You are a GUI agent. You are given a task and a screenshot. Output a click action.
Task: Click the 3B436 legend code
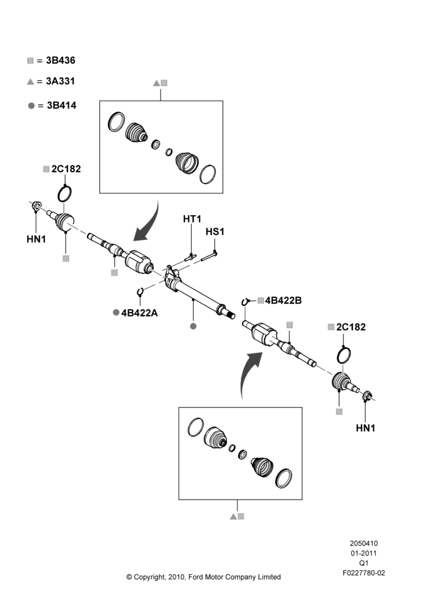click(x=61, y=60)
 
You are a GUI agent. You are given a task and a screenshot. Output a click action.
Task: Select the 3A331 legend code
click(x=61, y=81)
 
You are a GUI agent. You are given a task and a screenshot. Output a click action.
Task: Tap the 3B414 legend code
click(x=61, y=105)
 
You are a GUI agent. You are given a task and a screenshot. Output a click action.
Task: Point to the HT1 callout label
click(x=192, y=219)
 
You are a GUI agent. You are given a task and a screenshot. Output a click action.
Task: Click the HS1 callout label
click(x=215, y=232)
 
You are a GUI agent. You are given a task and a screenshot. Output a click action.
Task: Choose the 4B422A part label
click(x=140, y=313)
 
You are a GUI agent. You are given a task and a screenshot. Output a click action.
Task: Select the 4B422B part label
click(x=283, y=300)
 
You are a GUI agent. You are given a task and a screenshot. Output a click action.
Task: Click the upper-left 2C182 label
click(x=66, y=169)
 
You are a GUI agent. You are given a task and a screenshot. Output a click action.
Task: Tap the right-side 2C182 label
click(x=351, y=327)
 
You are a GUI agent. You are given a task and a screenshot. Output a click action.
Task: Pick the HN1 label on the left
click(x=36, y=239)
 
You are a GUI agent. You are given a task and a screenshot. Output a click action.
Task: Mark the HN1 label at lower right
click(x=365, y=428)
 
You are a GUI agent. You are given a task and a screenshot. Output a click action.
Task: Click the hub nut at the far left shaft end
click(x=36, y=205)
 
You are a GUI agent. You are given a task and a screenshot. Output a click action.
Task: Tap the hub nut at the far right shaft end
click(x=367, y=397)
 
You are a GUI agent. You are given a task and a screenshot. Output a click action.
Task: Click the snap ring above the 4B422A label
click(x=140, y=292)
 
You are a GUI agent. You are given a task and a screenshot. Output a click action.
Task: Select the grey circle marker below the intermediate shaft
click(x=192, y=326)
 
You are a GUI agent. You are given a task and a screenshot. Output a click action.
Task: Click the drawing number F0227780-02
click(x=364, y=573)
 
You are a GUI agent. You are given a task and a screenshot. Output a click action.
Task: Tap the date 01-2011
click(x=364, y=553)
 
